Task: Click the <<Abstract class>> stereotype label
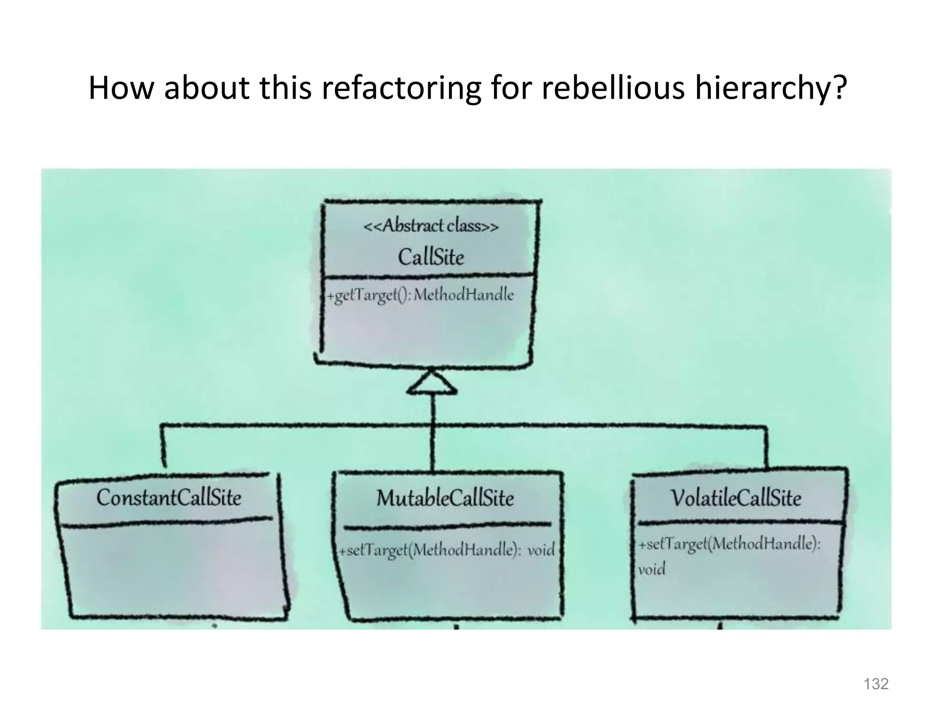click(431, 226)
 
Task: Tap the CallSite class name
click(431, 257)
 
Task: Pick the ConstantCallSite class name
click(169, 497)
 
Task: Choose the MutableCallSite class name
click(445, 498)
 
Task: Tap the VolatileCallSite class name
click(736, 498)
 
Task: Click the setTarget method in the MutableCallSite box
click(430, 550)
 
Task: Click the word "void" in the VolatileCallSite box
click(651, 569)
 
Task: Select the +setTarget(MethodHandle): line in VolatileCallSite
click(729, 544)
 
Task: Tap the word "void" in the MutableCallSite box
click(541, 549)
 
